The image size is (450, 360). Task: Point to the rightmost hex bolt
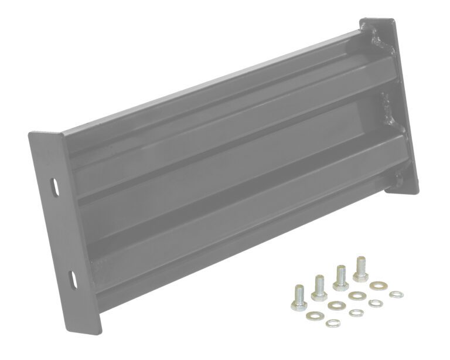pos(360,267)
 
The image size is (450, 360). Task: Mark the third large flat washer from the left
pos(355,295)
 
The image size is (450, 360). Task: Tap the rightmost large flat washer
pos(376,286)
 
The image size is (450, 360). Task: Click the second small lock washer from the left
pos(354,312)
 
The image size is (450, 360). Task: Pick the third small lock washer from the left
pos(375,303)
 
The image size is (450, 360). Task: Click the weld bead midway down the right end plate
pos(386,111)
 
